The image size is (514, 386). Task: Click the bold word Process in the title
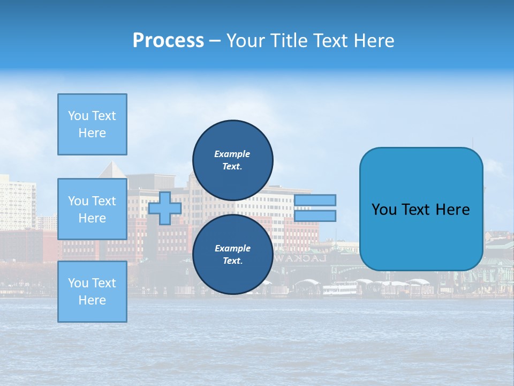coord(168,41)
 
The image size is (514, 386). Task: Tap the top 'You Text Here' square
coord(92,124)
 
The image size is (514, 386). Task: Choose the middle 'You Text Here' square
coord(92,209)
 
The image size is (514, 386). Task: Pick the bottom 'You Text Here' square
coord(92,291)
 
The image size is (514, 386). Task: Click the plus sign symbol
coord(164,208)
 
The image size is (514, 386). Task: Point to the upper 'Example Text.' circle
coord(232,160)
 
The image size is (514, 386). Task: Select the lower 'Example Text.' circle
coord(232,255)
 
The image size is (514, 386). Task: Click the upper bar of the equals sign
coord(315,200)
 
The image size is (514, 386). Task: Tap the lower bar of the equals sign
coord(315,216)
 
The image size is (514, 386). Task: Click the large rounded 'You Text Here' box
coord(421,209)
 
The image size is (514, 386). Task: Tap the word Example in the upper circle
coord(232,154)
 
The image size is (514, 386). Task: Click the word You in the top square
coord(78,116)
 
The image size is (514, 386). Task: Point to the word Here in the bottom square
coord(92,300)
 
